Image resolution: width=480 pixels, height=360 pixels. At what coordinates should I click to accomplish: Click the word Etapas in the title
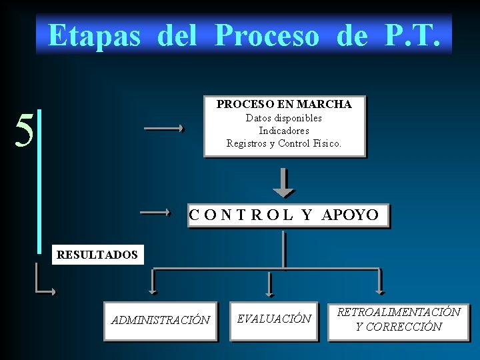click(94, 35)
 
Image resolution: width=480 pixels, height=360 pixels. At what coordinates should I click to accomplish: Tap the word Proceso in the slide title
click(267, 35)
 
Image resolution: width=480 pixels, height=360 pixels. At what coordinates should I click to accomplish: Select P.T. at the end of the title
click(413, 35)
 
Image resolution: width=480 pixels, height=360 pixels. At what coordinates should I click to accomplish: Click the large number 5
click(24, 131)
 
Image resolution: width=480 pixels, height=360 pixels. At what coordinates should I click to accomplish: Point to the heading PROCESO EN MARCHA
click(284, 105)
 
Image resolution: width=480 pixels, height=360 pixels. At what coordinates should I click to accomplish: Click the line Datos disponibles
click(284, 118)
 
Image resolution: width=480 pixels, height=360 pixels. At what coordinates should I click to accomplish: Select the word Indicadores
click(284, 131)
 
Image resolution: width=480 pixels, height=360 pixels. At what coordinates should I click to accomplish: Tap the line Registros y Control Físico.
click(284, 143)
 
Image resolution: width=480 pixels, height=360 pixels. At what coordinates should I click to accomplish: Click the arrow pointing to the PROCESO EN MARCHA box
click(165, 129)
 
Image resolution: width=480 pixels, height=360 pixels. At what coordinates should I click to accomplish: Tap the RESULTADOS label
click(97, 255)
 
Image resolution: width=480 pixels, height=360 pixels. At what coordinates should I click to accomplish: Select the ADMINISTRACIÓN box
click(160, 321)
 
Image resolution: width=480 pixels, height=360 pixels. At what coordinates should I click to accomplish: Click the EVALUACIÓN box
click(274, 319)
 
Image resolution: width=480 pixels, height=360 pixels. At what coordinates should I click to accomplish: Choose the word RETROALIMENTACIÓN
click(399, 312)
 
